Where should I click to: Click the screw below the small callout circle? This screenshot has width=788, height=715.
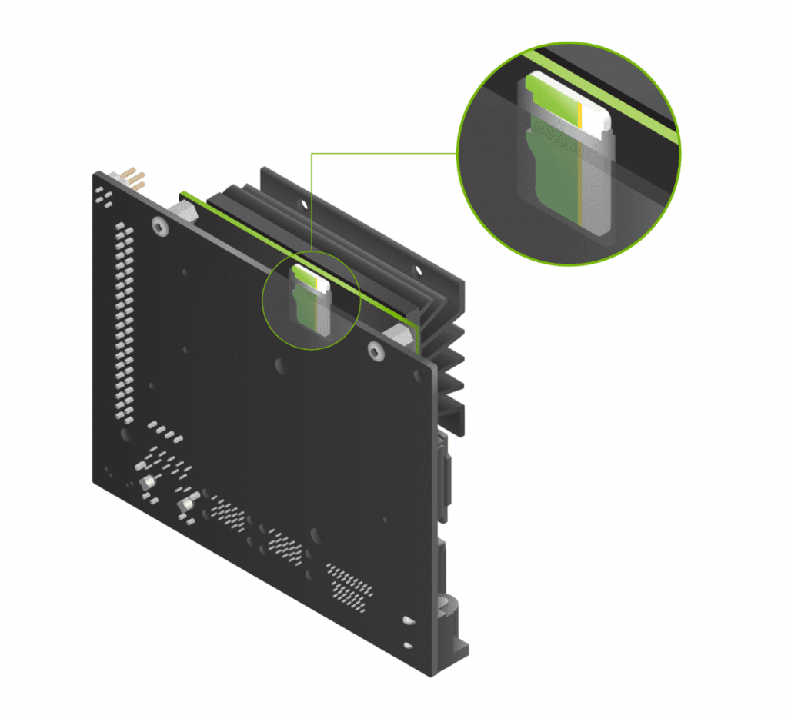tap(375, 351)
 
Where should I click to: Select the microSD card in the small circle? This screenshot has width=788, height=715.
tap(311, 302)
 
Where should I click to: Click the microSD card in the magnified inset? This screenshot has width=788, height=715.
tap(568, 154)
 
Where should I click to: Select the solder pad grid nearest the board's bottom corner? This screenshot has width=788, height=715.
tap(350, 588)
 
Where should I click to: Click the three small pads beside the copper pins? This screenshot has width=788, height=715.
tap(103, 196)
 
